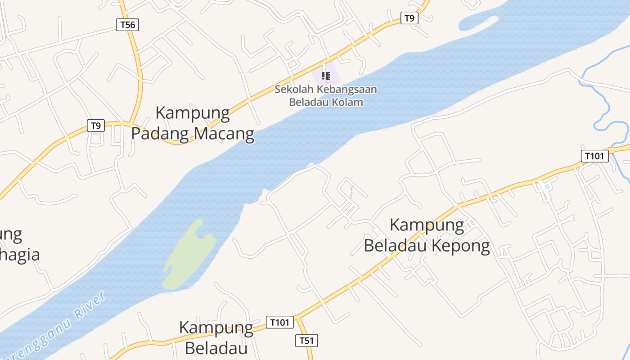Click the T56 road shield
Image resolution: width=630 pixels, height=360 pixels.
127,25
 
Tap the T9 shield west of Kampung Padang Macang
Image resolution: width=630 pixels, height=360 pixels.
95,126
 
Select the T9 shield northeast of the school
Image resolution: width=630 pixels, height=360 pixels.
409,18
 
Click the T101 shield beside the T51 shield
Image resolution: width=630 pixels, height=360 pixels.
279,322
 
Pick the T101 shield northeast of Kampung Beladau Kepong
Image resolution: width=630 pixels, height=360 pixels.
594,156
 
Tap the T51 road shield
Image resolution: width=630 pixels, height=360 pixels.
306,341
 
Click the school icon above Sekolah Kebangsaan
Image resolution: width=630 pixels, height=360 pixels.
326,76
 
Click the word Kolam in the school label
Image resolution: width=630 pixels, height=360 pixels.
347,102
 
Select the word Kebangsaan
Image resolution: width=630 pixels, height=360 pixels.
346,89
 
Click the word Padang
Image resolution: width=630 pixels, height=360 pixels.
160,134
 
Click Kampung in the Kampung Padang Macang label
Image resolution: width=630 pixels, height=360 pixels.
193,112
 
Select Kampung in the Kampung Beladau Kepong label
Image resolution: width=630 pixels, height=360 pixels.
427,225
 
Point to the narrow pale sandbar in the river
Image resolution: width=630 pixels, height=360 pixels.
479,22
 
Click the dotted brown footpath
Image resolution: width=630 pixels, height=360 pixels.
351,193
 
